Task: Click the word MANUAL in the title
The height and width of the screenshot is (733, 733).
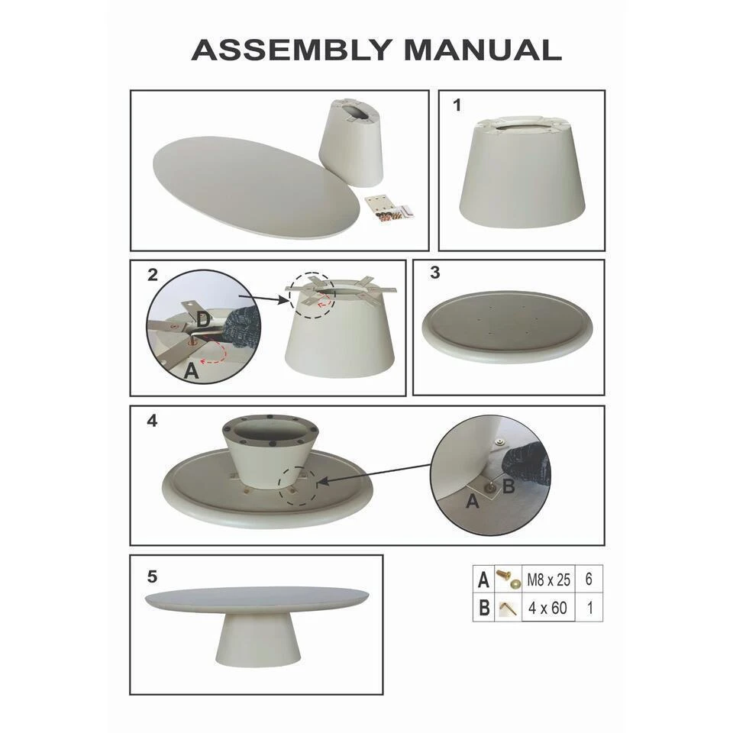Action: pyautogui.click(x=483, y=50)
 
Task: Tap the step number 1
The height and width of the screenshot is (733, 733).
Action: pyautogui.click(x=457, y=105)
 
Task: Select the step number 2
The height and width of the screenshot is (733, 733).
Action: pyautogui.click(x=153, y=275)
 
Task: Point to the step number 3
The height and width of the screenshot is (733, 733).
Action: pyautogui.click(x=434, y=273)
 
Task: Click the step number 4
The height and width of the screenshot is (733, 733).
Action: pyautogui.click(x=152, y=421)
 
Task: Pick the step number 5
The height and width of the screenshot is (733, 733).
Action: pyautogui.click(x=152, y=576)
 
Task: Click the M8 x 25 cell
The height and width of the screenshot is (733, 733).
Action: pyautogui.click(x=548, y=580)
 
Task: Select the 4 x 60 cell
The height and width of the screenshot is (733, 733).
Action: pyautogui.click(x=547, y=608)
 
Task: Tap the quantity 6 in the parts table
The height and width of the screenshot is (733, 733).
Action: pyautogui.click(x=589, y=580)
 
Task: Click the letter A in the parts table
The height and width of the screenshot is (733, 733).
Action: pyautogui.click(x=483, y=580)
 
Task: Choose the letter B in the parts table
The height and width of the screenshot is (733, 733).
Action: pyautogui.click(x=484, y=608)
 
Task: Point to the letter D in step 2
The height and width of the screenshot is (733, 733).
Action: pyautogui.click(x=203, y=320)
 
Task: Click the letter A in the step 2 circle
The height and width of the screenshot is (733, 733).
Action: pyautogui.click(x=191, y=371)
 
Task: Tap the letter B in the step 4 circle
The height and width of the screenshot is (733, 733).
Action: pyautogui.click(x=509, y=486)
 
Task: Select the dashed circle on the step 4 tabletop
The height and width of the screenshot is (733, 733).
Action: pyautogui.click(x=297, y=485)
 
